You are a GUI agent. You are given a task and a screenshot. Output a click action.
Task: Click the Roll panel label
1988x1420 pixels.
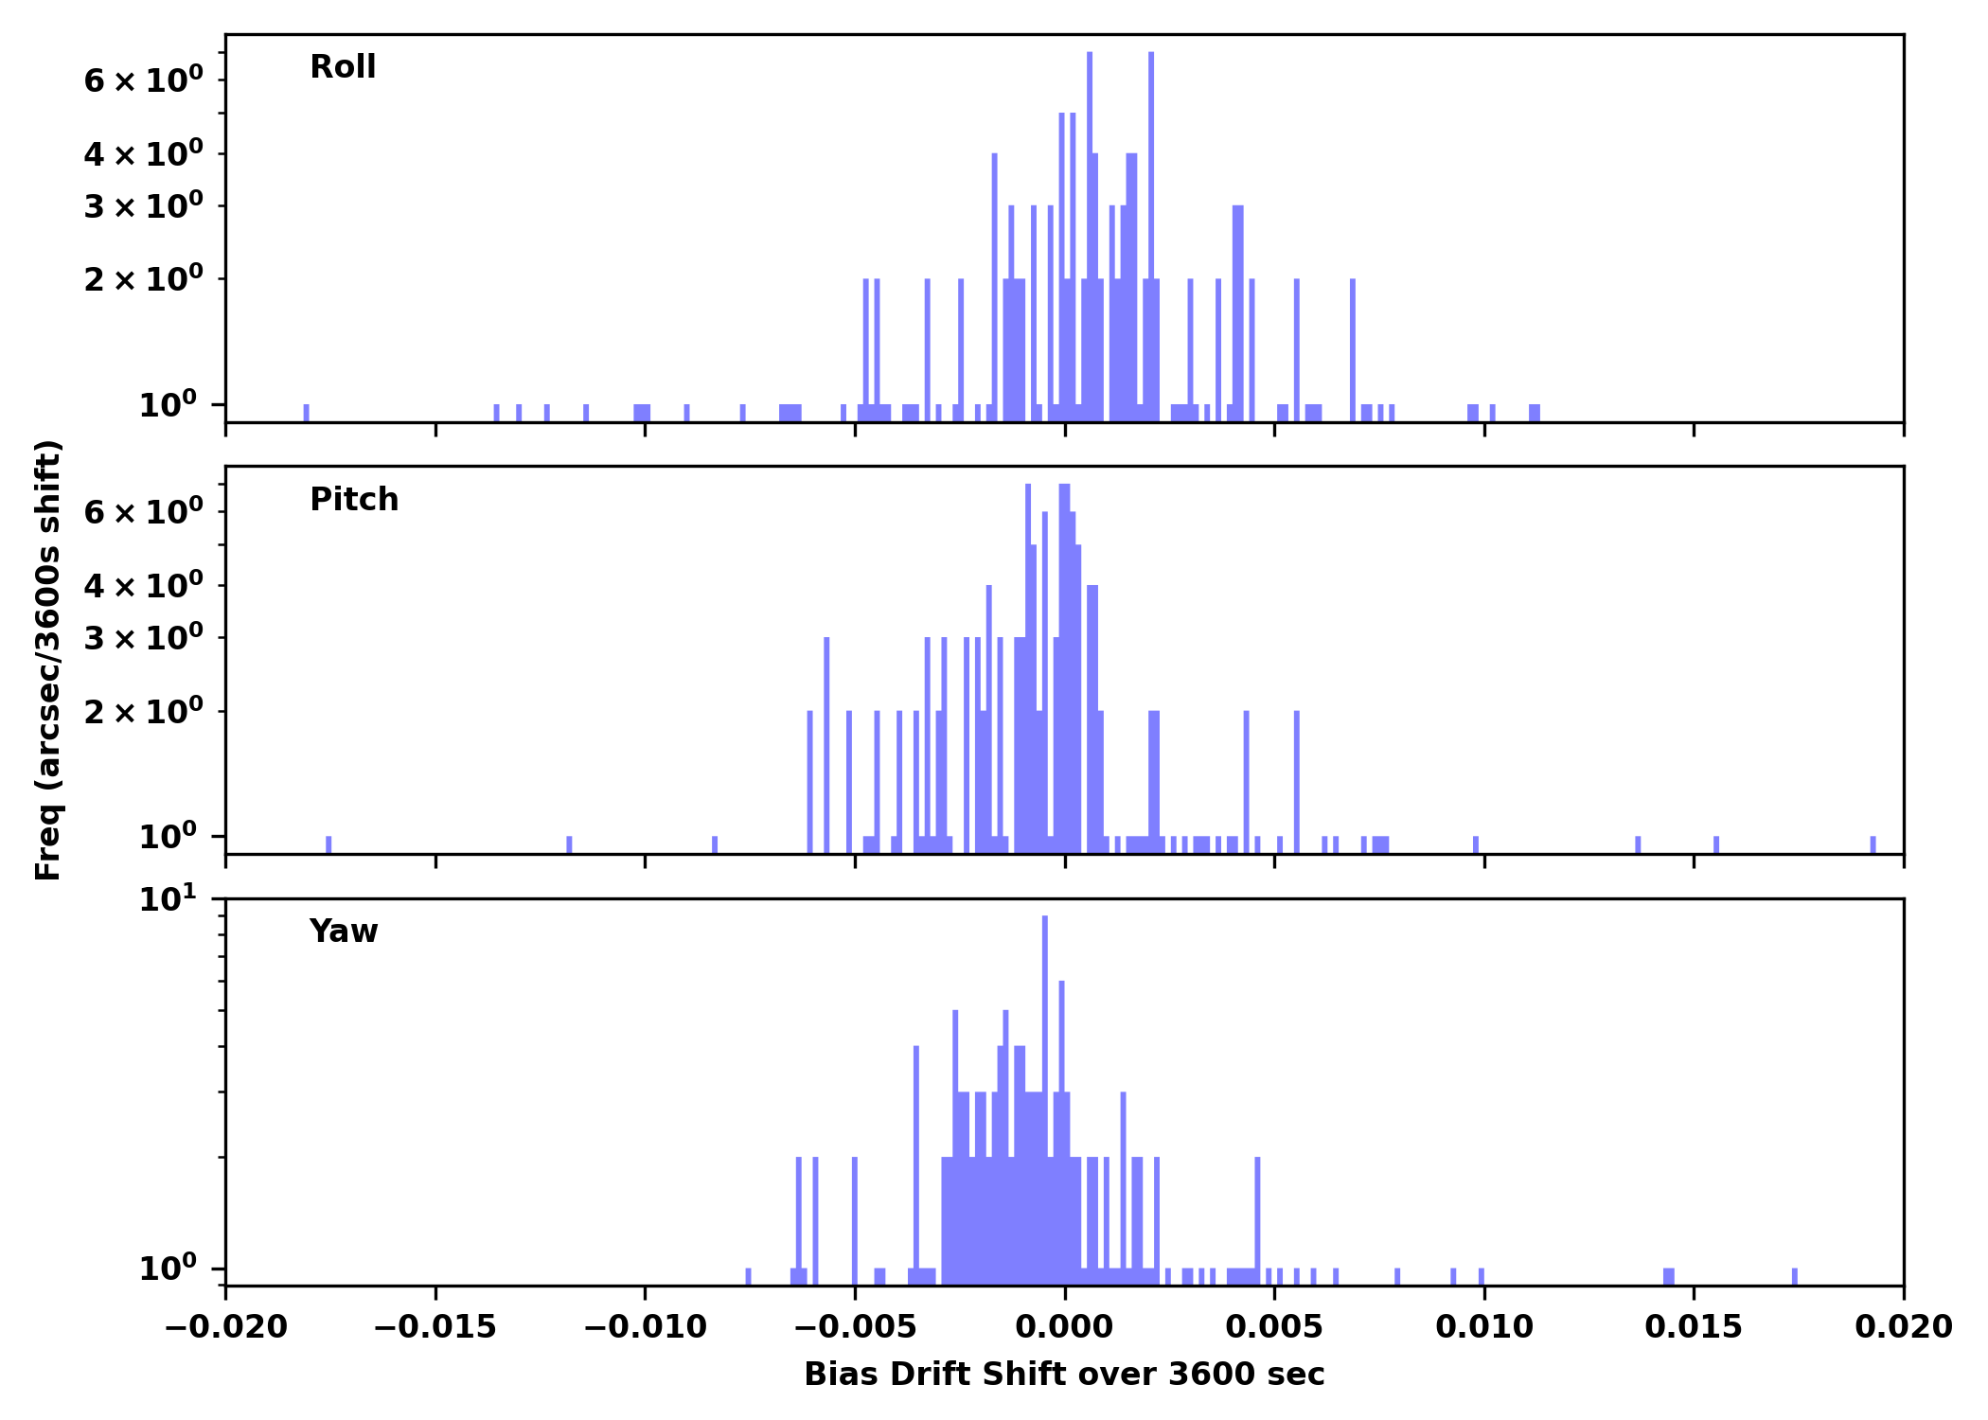[343, 67]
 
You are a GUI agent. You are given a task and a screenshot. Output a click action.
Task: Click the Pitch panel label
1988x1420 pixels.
[354, 499]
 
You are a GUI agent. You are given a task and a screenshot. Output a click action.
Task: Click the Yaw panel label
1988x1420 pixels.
[344, 932]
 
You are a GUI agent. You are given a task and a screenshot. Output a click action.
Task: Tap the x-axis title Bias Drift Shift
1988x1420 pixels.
[1064, 1374]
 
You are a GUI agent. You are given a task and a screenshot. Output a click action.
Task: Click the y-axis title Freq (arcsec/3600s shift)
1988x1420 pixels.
[48, 660]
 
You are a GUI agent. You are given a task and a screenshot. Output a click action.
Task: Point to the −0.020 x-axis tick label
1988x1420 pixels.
[225, 1326]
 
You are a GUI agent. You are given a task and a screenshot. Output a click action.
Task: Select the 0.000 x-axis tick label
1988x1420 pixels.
[1064, 1326]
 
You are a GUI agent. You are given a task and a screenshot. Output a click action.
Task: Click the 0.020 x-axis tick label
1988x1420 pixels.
[1903, 1326]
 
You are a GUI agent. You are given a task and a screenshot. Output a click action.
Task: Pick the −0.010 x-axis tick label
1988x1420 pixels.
[645, 1326]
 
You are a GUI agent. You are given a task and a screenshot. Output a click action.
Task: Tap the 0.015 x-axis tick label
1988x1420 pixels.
[1694, 1326]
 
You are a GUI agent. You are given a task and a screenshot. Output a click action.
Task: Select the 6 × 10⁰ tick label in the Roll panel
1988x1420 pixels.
[144, 80]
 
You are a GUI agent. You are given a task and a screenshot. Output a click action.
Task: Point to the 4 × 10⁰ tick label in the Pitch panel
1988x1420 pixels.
[144, 586]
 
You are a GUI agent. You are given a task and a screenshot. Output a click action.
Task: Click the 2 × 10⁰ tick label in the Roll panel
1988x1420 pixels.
[144, 279]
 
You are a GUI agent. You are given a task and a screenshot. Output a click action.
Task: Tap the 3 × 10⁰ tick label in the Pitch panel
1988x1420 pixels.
[144, 638]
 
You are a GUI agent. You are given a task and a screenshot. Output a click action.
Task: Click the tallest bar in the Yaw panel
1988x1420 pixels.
[1044, 1098]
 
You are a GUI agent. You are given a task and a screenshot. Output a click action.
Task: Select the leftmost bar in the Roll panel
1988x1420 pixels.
[306, 413]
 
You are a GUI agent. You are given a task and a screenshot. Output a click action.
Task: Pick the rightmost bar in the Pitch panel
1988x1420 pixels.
[1873, 844]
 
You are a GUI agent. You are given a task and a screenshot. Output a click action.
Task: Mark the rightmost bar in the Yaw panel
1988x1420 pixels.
[1794, 1276]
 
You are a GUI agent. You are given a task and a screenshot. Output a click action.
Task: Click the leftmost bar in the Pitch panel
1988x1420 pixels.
[328, 844]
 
